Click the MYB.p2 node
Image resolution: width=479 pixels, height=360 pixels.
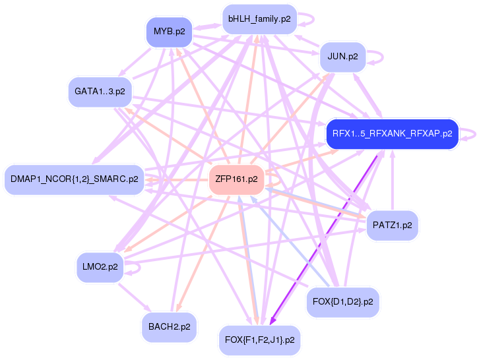tap(169, 32)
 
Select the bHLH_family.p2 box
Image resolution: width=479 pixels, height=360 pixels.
tap(259, 19)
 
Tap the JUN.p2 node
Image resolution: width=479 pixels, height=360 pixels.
tap(342, 57)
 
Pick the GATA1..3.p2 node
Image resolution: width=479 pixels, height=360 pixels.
tap(100, 92)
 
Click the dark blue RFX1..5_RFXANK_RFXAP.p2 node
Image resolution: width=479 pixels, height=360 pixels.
tap(392, 134)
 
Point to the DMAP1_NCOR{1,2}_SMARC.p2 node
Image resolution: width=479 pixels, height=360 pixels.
tap(74, 179)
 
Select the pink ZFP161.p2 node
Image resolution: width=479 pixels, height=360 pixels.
tap(236, 179)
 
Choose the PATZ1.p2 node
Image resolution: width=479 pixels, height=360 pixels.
tap(392, 225)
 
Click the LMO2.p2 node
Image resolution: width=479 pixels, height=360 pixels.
tap(100, 267)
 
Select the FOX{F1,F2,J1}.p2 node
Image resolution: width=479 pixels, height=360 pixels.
tap(259, 340)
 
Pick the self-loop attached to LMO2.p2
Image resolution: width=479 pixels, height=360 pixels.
tap(134, 268)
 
